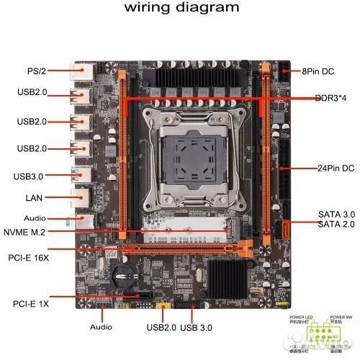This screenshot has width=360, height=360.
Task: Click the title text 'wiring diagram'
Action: click(x=181, y=8)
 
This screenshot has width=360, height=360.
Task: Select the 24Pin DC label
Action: click(x=336, y=168)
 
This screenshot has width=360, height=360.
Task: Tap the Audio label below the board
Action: click(x=101, y=326)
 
